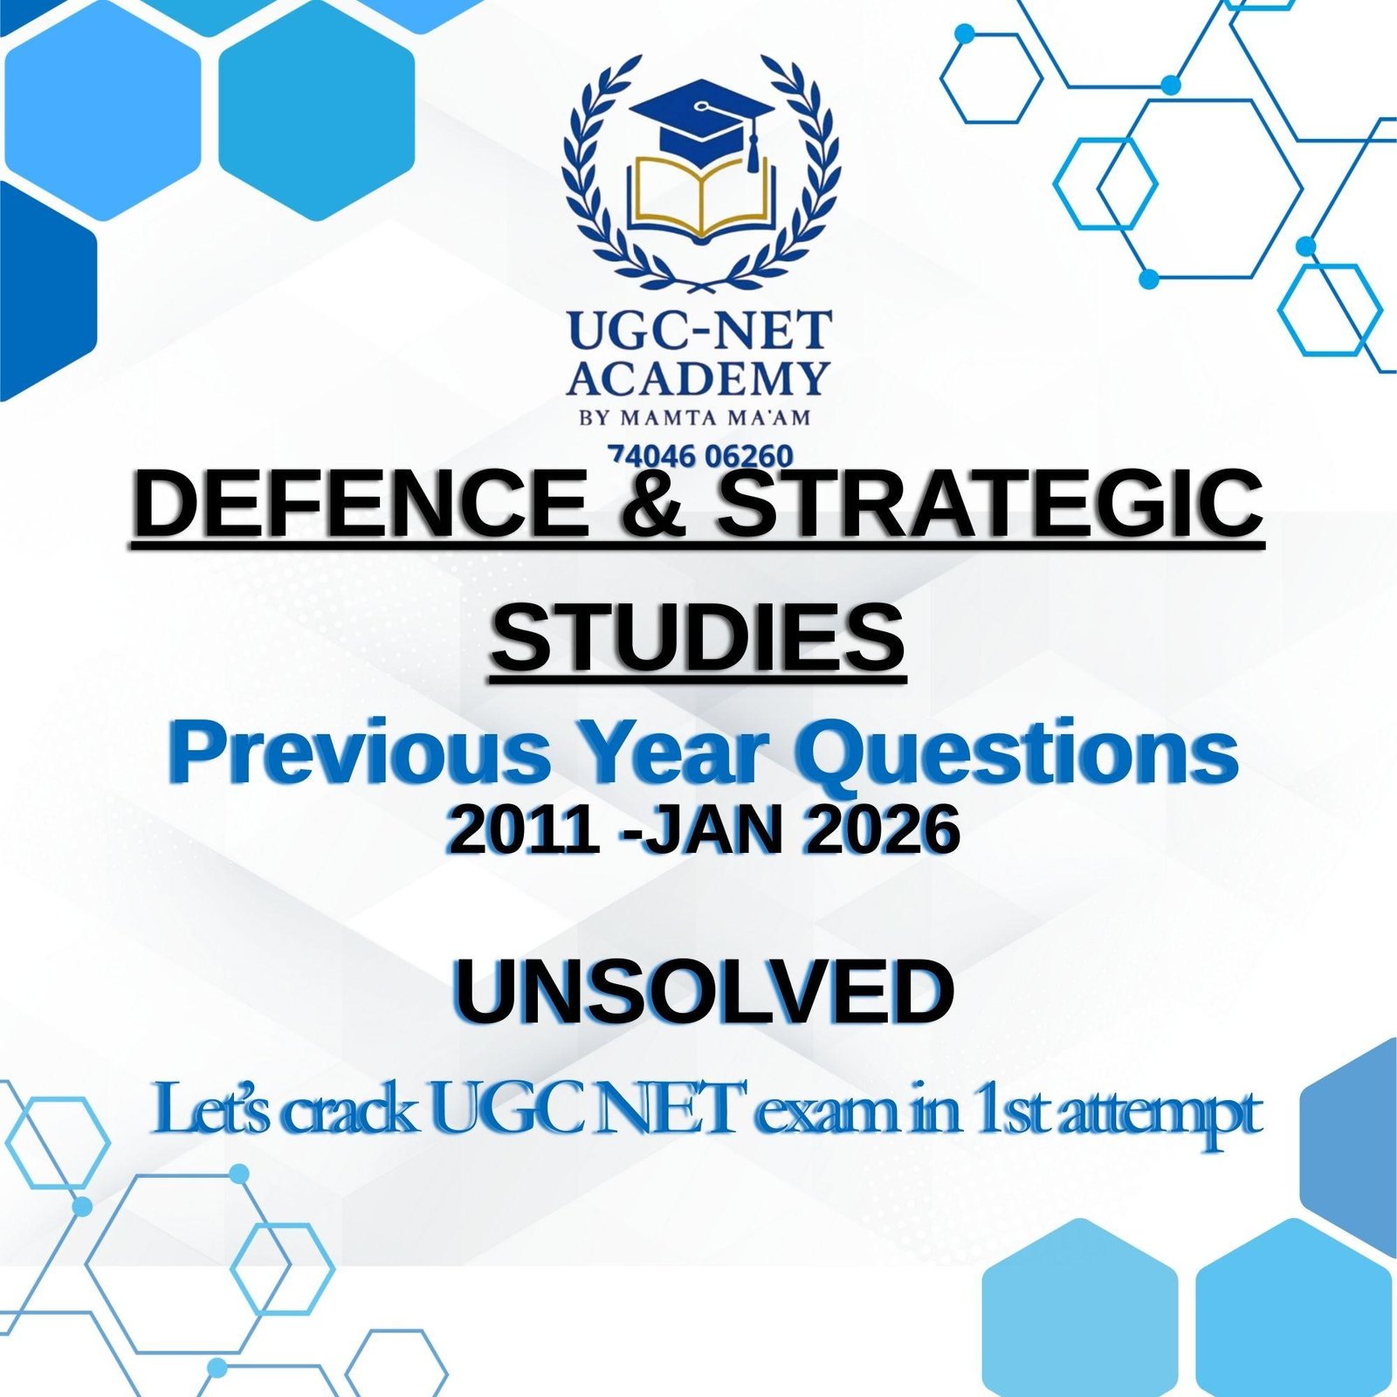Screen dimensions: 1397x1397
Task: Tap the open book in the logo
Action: click(x=701, y=197)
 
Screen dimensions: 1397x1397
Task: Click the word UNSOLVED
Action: click(x=703, y=993)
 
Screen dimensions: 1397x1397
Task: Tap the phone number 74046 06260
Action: click(x=701, y=456)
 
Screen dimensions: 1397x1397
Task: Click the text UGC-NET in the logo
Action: click(x=699, y=330)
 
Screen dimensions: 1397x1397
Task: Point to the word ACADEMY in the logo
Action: click(x=698, y=378)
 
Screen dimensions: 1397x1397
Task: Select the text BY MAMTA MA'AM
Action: click(x=696, y=416)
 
